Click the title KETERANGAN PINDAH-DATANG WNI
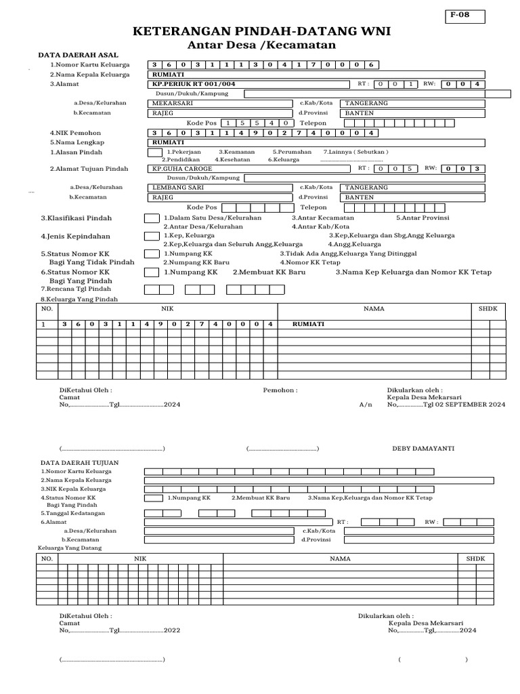(261, 32)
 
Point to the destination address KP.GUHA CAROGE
(182, 168)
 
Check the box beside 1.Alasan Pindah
(154, 152)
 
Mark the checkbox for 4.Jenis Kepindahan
(151, 236)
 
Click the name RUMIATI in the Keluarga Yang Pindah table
(308, 325)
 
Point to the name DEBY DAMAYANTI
(423, 449)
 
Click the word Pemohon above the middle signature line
(280, 390)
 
